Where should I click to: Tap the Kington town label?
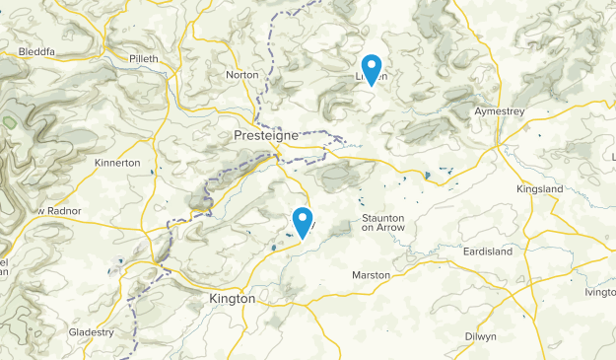pos(232,298)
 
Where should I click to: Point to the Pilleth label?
pos(144,59)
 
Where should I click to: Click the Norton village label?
pos(241,75)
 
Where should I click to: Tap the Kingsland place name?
pos(539,188)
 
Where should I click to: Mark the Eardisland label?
pos(488,252)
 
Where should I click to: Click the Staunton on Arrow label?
pos(383,221)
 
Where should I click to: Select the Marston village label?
pos(372,274)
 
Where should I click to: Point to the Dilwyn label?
pos(482,336)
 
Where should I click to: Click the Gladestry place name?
pos(92,332)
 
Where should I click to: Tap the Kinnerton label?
pos(118,163)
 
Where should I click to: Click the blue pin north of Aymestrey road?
pos(372,67)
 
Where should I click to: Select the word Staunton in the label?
pos(383,216)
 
